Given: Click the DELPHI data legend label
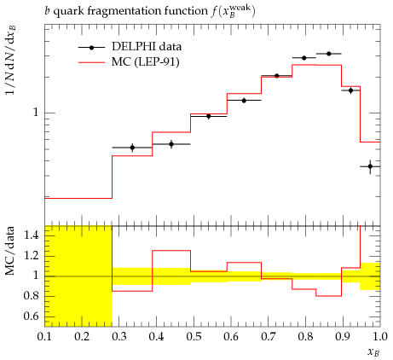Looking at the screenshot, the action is pyautogui.click(x=147, y=46).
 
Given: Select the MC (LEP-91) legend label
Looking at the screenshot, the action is pyautogui.click(x=146, y=61).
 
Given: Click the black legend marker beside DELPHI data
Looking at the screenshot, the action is pyautogui.click(x=91, y=48).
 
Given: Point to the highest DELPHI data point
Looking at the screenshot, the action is pyautogui.click(x=329, y=54).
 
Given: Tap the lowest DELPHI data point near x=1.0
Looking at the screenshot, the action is pyautogui.click(x=370, y=166).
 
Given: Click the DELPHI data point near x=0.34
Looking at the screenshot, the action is pyautogui.click(x=132, y=148).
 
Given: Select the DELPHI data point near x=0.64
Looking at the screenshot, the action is pyautogui.click(x=244, y=101).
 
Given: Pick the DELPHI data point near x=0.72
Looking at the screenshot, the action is pyautogui.click(x=277, y=76).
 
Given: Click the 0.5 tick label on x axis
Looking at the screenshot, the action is pyautogui.click(x=194, y=337).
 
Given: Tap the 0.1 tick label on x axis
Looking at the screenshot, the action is pyautogui.click(x=44, y=337).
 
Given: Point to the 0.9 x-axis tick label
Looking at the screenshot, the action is pyautogui.click(x=343, y=337).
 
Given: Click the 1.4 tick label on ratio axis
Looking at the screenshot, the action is pyautogui.click(x=31, y=235).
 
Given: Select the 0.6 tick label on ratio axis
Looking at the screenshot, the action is pyautogui.click(x=31, y=316).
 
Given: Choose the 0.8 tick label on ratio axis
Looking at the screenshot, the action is pyautogui.click(x=31, y=296).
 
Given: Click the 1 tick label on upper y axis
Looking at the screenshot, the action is pyautogui.click(x=36, y=113).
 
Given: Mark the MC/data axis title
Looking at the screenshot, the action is pyautogui.click(x=10, y=251).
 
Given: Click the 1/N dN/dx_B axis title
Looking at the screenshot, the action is pyautogui.click(x=10, y=64).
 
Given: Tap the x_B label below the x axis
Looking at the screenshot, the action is pyautogui.click(x=373, y=352).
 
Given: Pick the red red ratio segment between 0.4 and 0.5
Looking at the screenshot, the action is pyautogui.click(x=171, y=251).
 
